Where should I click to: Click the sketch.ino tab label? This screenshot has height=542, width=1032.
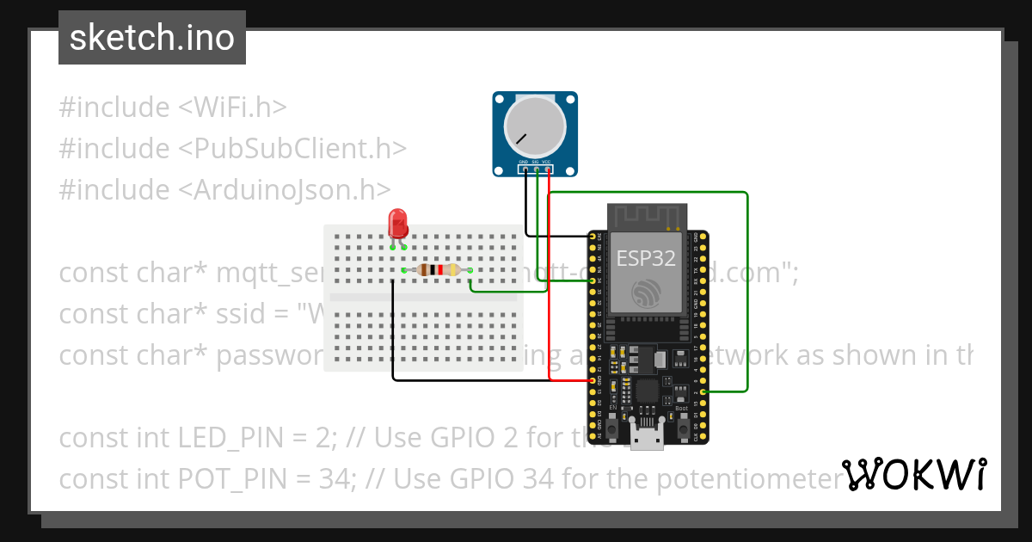coord(151,38)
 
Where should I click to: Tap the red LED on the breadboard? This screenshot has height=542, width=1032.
coord(397,224)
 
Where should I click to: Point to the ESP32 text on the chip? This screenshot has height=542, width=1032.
coord(646,259)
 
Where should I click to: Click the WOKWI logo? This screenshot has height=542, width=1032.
coord(913,474)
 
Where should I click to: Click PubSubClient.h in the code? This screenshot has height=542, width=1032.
coord(292,149)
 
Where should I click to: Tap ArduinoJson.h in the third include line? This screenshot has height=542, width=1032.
coord(285,190)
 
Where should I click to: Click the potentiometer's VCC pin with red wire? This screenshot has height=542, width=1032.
coord(548,169)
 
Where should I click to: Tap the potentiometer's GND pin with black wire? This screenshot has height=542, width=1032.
coord(524,169)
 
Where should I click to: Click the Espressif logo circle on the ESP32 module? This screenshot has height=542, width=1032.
coord(646,293)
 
